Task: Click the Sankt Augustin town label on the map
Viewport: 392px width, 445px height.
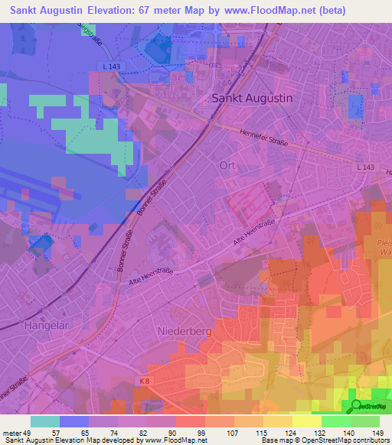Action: [x=251, y=99]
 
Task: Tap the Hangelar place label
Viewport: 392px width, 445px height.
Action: [x=48, y=325]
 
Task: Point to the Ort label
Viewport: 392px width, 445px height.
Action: [x=227, y=165]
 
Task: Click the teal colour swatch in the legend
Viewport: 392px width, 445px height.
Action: [x=45, y=421]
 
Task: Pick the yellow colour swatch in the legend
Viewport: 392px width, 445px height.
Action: [x=307, y=421]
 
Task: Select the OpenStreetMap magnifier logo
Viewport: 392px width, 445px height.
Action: [x=356, y=406]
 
